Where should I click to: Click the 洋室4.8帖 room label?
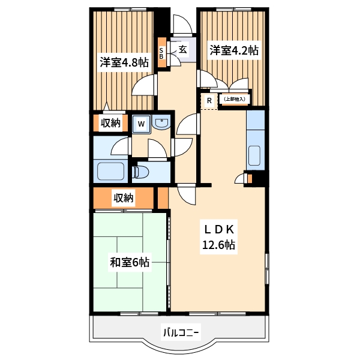click(124, 62)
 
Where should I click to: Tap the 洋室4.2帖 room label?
click(233, 50)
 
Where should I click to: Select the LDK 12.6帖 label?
click(217, 236)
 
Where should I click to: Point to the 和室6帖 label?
click(129, 262)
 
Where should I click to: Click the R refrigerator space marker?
click(209, 100)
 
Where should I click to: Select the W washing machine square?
click(141, 124)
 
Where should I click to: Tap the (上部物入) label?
click(234, 99)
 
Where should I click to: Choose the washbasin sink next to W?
click(161, 124)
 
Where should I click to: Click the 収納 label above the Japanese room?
click(124, 197)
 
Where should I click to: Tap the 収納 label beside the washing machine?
click(110, 123)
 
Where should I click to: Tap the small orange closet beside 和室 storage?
click(161, 197)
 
